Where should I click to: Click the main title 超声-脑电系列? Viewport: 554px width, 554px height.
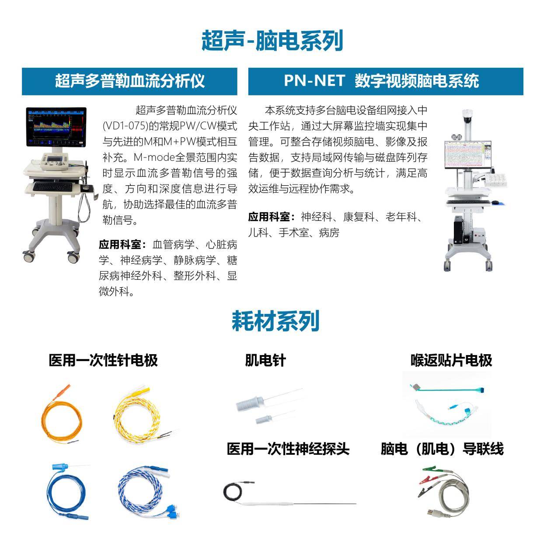point(272,41)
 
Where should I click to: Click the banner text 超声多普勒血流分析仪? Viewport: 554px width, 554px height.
point(130,81)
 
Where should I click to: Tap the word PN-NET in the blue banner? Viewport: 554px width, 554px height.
point(314,80)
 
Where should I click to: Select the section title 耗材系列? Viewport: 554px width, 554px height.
point(275,321)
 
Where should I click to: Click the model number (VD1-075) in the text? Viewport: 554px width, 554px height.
point(125,126)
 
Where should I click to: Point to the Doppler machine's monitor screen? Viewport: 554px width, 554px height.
point(56,127)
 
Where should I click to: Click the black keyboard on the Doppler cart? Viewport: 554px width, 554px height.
point(52,187)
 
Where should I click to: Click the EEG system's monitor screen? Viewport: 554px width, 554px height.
point(468,155)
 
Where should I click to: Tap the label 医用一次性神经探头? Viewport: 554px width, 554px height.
point(288,449)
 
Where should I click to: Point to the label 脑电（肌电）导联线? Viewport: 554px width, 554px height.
point(442,449)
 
